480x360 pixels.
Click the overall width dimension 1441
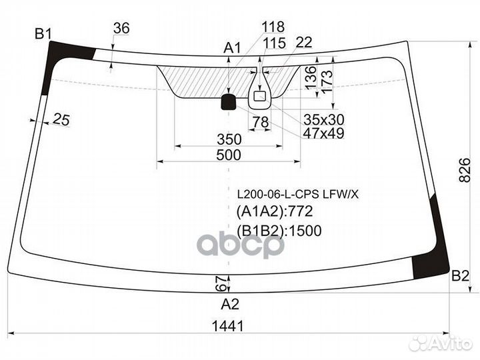(x=228, y=326)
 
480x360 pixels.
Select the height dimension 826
(x=465, y=170)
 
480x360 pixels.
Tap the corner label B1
(x=43, y=33)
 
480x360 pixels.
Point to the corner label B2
(x=460, y=276)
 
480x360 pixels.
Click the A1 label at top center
(x=233, y=48)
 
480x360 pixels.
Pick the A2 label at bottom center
(x=230, y=304)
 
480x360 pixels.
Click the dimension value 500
(x=229, y=155)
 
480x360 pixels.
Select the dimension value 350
(x=229, y=139)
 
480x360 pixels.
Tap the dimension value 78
(x=261, y=122)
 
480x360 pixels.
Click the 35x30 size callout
(x=324, y=120)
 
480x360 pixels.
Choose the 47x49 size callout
(x=323, y=133)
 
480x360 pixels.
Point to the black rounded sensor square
(x=229, y=102)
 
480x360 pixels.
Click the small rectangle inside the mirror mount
(x=259, y=96)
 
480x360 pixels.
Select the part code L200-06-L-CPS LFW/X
(x=298, y=194)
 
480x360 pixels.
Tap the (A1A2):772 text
(x=275, y=211)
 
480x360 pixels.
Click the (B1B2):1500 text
(x=279, y=231)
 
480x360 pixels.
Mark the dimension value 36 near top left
(x=121, y=28)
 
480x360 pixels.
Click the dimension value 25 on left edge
(x=61, y=119)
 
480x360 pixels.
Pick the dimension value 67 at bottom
(x=223, y=283)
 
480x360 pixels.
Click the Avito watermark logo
(x=441, y=343)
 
